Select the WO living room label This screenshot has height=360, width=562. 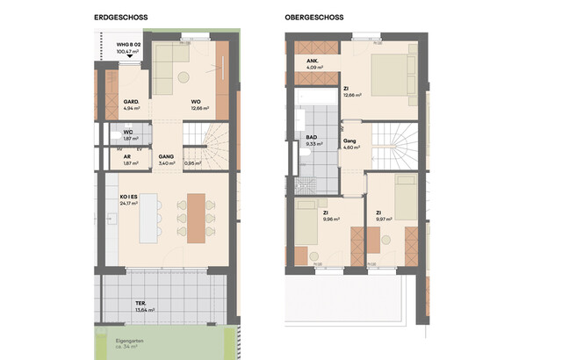point(197,102)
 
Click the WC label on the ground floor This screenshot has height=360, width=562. point(127,132)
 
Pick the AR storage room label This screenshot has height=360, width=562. point(126,155)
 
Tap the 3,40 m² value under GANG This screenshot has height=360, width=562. point(165,163)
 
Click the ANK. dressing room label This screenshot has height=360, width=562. point(313,61)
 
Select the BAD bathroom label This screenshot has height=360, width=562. point(311,138)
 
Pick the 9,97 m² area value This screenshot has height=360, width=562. point(384,220)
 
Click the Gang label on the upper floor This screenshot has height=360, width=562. point(349,140)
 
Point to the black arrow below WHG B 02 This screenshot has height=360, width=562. point(130,59)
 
